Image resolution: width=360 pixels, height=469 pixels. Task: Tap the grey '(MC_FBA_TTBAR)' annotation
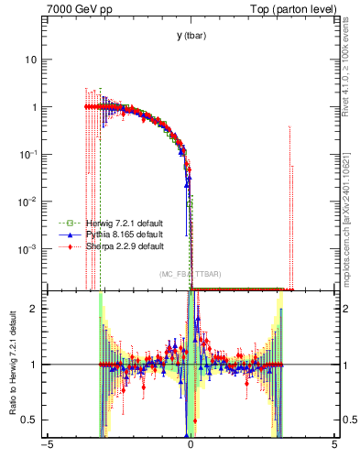coord(190,275)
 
